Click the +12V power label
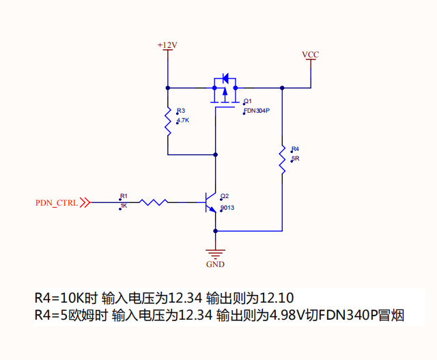(167, 45)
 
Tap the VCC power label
(311, 55)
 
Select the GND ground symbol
(215, 254)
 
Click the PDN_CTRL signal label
(57, 203)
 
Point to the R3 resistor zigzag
(168, 122)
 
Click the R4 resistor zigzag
(282, 159)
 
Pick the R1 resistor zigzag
(153, 202)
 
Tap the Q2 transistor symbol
(210, 202)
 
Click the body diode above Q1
(225, 78)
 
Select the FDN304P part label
(257, 111)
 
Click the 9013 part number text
(227, 208)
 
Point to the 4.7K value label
(183, 120)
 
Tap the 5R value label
(296, 158)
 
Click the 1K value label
(124, 206)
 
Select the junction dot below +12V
(168, 88)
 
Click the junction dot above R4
(282, 88)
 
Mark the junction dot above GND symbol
(215, 231)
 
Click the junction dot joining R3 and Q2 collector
(215, 154)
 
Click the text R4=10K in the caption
(59, 298)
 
